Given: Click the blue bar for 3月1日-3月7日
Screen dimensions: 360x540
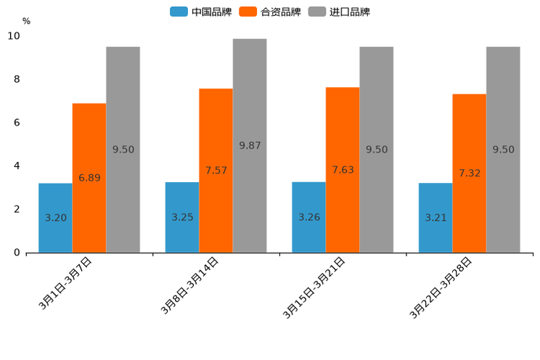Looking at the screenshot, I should (x=55, y=218).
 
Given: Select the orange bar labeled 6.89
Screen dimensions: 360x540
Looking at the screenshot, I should (x=89, y=178).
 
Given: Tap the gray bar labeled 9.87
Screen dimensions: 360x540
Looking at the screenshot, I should (x=250, y=145).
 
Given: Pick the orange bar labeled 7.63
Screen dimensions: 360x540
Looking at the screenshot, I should (x=343, y=170).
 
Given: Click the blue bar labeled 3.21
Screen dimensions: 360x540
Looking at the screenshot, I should (x=435, y=218).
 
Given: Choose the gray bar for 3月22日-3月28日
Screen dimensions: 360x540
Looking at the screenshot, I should (x=503, y=150).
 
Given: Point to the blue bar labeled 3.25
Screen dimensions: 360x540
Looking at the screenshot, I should (x=182, y=217).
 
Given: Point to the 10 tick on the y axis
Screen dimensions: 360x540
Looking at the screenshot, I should (x=14, y=36).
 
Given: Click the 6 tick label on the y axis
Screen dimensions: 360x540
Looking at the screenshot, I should (x=17, y=123).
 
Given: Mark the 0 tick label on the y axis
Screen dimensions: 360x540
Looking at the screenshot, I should (x=17, y=253).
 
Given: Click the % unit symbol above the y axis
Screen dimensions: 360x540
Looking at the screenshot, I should (x=26, y=21).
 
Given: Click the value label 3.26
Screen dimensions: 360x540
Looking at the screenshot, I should (x=309, y=217).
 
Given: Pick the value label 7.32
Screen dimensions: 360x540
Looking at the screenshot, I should (x=470, y=173).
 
